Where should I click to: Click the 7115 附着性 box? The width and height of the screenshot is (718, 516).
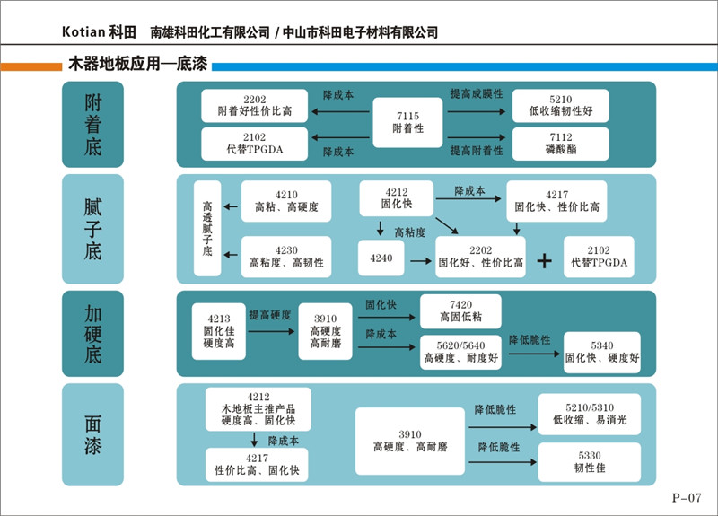coord(407,123)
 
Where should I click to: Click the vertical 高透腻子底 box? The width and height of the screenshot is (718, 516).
coord(207,229)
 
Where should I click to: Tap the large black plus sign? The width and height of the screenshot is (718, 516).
coord(543,260)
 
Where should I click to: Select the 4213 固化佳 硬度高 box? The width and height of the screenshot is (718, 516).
coord(219,330)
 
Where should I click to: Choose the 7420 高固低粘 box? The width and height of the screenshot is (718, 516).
coord(461,310)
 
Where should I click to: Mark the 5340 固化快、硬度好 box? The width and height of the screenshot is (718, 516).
coord(602,351)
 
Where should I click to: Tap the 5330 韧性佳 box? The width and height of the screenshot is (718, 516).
coord(590,460)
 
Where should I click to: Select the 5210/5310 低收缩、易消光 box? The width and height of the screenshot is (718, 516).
coord(590,414)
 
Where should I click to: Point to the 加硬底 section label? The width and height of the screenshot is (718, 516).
coord(92,333)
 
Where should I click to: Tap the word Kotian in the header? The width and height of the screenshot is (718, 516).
coord(84,32)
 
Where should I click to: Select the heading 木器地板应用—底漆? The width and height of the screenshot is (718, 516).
coord(136,66)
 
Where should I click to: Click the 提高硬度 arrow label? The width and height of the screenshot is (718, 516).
coord(269,315)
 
